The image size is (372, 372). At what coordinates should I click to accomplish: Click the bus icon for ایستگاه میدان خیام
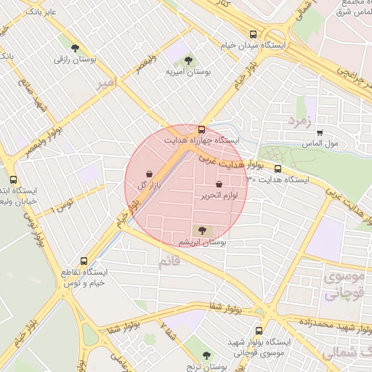253,34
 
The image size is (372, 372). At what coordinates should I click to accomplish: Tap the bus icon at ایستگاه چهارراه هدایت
201,129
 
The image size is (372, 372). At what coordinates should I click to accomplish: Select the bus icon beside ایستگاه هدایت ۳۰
278,169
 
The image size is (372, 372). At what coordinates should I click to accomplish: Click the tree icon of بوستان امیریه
188,60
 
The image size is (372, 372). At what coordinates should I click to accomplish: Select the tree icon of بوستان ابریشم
202,230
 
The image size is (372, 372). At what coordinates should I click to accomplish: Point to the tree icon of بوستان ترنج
206,356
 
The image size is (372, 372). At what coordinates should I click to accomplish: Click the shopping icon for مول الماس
320,133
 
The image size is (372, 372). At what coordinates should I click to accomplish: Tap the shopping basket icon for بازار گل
150,174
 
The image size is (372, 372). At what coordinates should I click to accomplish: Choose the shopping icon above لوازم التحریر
219,185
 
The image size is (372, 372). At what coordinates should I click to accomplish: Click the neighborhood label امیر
106,85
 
